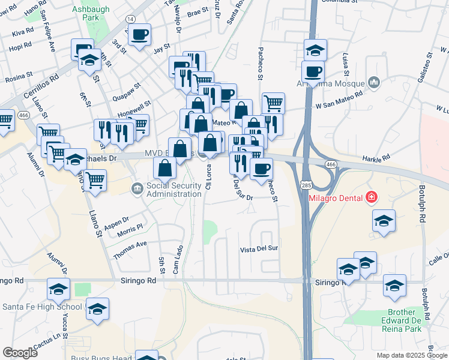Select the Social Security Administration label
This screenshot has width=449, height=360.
pyautogui.click(x=173, y=190)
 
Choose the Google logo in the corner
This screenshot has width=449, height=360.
pyautogui.click(x=20, y=353)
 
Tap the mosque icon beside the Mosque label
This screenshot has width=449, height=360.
pyautogui.click(x=375, y=82)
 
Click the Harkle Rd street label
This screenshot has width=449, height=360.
pyautogui.click(x=376, y=159)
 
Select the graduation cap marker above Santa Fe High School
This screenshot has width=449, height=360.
pyautogui.click(x=59, y=290)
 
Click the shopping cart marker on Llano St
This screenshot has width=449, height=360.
pyautogui.click(x=95, y=179)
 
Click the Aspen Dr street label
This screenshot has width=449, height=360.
pyautogui.click(x=116, y=223)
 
